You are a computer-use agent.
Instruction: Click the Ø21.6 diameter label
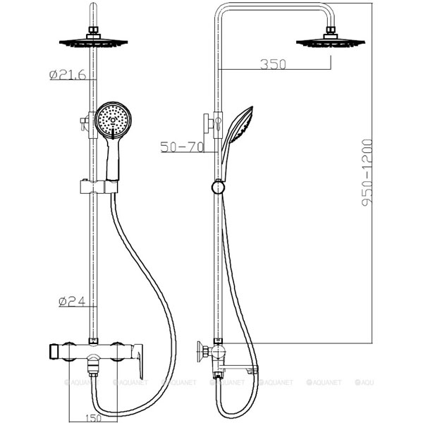(x=68, y=75)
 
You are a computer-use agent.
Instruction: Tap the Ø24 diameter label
(x=72, y=301)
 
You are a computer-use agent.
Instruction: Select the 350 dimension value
(x=273, y=64)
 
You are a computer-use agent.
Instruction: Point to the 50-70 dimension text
(x=182, y=147)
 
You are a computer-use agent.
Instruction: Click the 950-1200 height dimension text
(x=367, y=173)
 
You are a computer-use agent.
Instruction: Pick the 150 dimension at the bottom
(x=93, y=418)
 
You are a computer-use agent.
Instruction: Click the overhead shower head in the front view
(x=93, y=42)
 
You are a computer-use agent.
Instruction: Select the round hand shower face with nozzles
(x=114, y=120)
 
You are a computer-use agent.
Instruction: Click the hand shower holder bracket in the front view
(x=99, y=187)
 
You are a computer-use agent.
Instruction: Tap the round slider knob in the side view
(x=218, y=187)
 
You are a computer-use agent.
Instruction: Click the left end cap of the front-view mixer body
(x=53, y=352)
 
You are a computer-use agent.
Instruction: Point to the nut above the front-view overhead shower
(x=93, y=30)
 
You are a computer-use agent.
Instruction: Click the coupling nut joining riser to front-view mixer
(x=93, y=341)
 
